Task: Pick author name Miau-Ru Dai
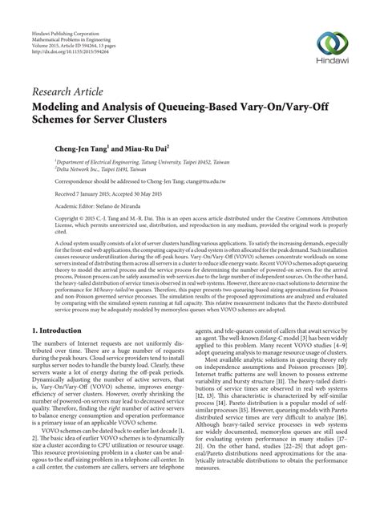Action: click(x=151, y=149)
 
